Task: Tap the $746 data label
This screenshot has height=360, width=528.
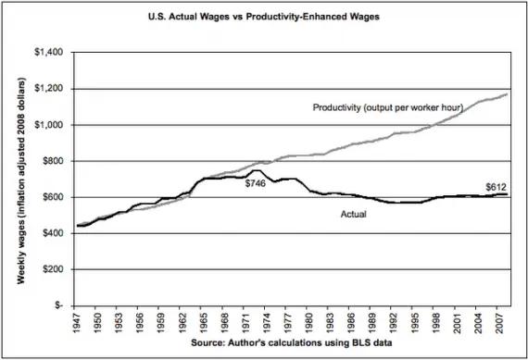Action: click(257, 184)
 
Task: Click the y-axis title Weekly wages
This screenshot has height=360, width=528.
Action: click(19, 178)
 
